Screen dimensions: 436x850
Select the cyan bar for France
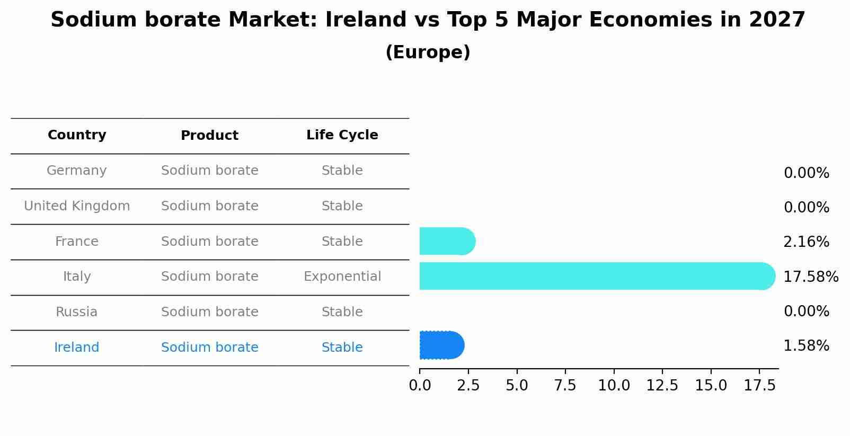click(x=446, y=242)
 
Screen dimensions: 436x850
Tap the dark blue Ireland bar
click(x=441, y=345)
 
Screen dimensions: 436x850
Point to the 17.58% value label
click(x=810, y=277)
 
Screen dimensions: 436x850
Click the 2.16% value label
click(x=806, y=242)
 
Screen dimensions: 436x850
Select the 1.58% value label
click(x=806, y=346)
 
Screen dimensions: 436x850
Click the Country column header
click(x=77, y=135)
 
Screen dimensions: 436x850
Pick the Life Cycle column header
click(x=342, y=135)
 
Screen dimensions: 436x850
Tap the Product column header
click(x=209, y=136)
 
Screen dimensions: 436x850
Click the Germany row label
click(x=77, y=171)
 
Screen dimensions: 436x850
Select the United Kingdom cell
click(x=77, y=206)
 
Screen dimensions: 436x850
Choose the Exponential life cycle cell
click(x=342, y=277)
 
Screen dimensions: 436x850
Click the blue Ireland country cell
click(x=77, y=348)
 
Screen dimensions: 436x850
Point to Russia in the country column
click(x=77, y=312)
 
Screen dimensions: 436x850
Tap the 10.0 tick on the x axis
click(x=614, y=386)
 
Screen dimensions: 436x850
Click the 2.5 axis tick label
click(x=468, y=386)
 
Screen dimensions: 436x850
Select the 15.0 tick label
click(x=711, y=386)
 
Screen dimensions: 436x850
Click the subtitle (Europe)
click(x=428, y=52)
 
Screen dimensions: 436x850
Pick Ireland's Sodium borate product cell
click(x=209, y=348)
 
